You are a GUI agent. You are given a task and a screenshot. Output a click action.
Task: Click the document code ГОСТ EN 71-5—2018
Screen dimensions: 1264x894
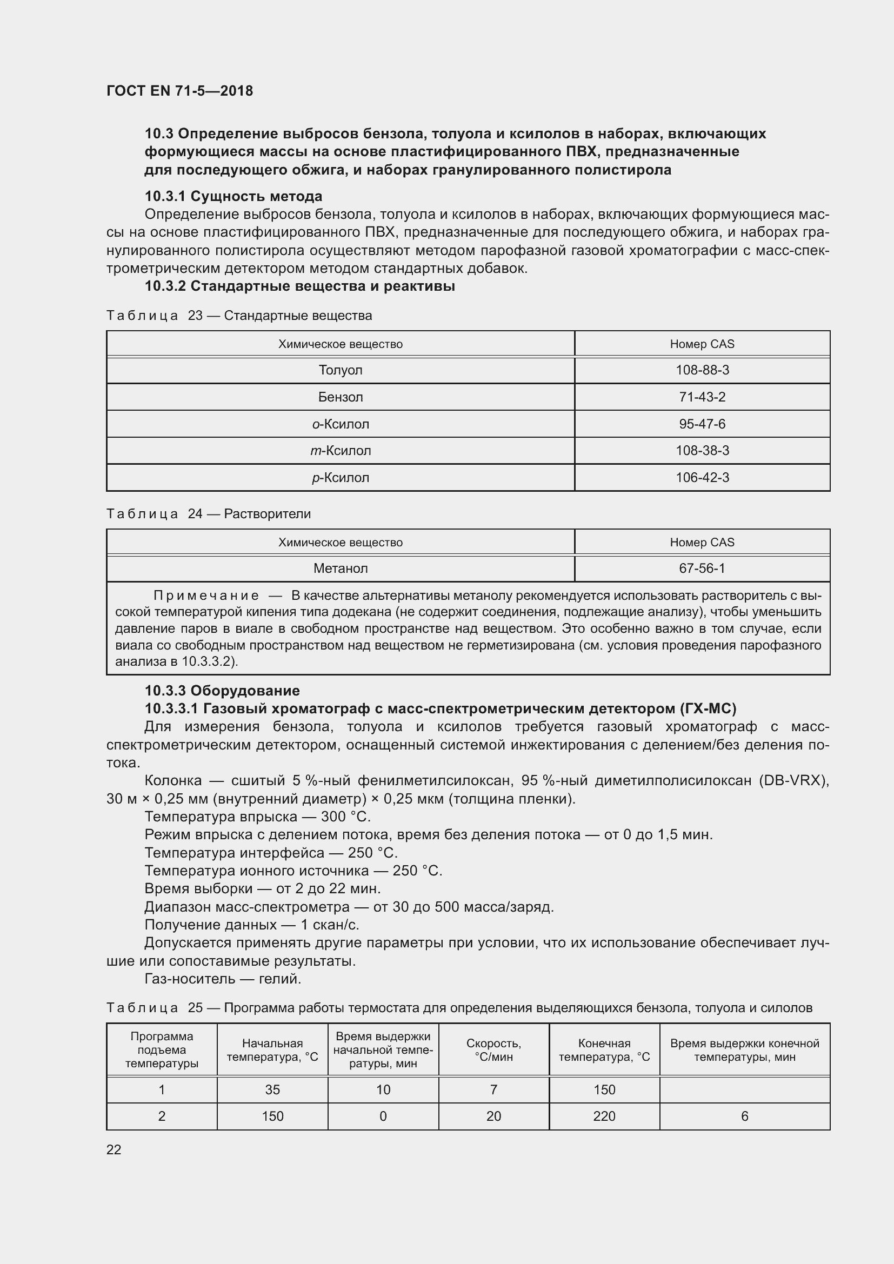tap(179, 91)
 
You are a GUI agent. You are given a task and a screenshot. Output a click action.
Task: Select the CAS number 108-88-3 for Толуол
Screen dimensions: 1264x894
tap(702, 370)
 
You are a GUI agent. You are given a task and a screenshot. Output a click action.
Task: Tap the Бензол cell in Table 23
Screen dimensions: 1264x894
tap(340, 397)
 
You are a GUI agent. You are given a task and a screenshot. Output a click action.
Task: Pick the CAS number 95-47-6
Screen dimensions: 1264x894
tap(702, 424)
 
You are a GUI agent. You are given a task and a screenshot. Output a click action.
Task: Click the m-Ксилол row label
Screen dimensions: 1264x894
tap(340, 450)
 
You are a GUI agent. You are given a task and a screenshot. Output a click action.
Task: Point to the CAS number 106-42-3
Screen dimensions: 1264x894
tap(702, 477)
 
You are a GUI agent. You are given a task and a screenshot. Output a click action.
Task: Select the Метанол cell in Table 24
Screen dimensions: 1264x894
tap(340, 568)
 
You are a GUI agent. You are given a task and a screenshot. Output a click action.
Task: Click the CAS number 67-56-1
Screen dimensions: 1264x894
tap(702, 568)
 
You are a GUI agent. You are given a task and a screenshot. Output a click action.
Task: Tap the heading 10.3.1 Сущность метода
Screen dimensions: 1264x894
tap(233, 197)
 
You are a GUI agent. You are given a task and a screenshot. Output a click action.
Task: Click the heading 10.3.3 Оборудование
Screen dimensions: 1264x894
tap(222, 690)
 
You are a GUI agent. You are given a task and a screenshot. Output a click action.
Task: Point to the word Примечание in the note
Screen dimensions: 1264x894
tap(206, 595)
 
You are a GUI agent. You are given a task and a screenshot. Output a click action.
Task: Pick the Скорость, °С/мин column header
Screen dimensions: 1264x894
tap(493, 1050)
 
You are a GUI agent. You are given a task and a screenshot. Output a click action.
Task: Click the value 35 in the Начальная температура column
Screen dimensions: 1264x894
tap(272, 1089)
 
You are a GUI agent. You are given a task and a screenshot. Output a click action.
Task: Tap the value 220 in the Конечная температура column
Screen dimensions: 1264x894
tap(604, 1116)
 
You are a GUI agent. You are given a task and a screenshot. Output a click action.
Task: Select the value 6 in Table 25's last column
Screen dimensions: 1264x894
tap(744, 1116)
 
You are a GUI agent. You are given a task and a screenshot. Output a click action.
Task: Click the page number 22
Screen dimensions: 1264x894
tap(114, 1149)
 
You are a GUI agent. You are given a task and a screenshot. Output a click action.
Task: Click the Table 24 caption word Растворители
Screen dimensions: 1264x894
tap(268, 513)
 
